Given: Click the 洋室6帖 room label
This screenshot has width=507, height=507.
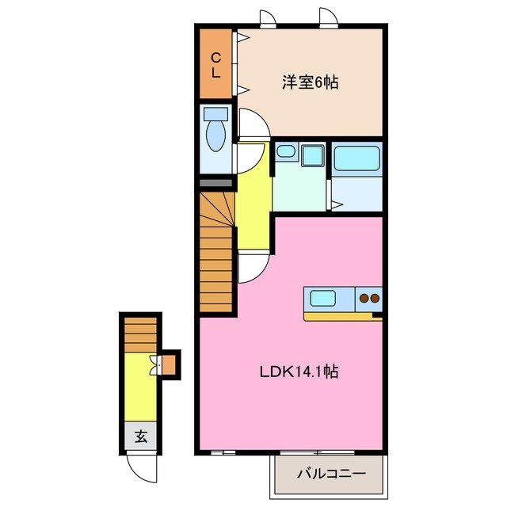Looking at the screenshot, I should pyautogui.click(x=310, y=82).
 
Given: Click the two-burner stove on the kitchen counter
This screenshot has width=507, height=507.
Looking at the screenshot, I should pyautogui.click(x=369, y=299).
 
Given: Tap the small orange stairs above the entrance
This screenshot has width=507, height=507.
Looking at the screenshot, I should pyautogui.click(x=140, y=332).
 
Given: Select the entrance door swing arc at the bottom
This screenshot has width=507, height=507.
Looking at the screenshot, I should pyautogui.click(x=143, y=467).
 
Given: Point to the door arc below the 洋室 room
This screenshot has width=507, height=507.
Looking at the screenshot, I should pyautogui.click(x=254, y=123).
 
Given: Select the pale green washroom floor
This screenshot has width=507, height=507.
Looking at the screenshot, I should pyautogui.click(x=299, y=190).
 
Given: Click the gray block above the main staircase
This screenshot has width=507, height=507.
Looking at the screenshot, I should pyautogui.click(x=215, y=183).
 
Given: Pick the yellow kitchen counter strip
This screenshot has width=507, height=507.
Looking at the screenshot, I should pyautogui.click(x=341, y=316).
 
